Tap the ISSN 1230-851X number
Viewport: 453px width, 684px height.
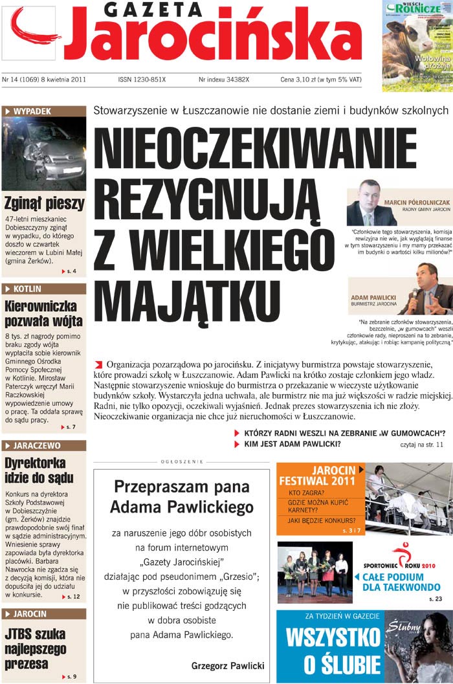(142, 80)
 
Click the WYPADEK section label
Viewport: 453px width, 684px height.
(32, 111)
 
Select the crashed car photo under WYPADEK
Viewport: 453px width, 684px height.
(44, 153)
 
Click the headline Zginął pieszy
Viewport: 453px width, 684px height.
(44, 203)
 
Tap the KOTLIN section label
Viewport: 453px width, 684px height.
(30, 289)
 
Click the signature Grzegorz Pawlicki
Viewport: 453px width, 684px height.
(228, 665)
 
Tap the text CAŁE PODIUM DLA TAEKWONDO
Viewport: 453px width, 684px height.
(401, 582)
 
